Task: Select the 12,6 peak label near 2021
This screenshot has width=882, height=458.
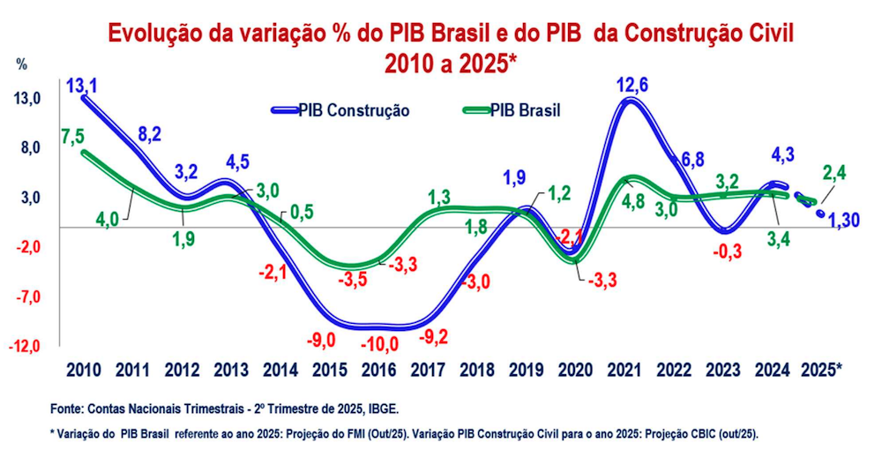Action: coord(634,86)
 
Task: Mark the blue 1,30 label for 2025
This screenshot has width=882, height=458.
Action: coord(848,218)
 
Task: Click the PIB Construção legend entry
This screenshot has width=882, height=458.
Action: coord(353,110)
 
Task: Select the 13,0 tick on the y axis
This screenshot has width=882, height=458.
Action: coord(28,98)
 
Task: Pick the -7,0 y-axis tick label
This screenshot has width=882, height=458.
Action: coord(28,296)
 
